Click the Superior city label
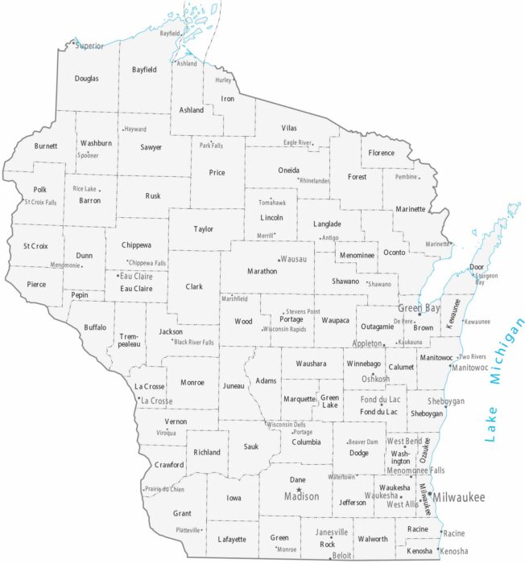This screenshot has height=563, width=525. (90, 46)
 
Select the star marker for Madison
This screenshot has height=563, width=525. (299, 490)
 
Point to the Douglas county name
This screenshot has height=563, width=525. (87, 79)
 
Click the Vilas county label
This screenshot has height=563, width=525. (289, 129)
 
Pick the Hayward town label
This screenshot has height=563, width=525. (135, 129)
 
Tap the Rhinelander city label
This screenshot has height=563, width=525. (315, 181)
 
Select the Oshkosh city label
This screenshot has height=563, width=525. (375, 378)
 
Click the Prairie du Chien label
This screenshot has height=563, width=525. (165, 489)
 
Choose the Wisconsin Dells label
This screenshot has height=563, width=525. (287, 424)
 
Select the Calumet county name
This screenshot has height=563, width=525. (399, 368)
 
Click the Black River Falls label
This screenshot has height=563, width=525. (195, 342)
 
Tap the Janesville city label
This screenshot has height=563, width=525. (332, 532)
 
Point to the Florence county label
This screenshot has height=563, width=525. (382, 153)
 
